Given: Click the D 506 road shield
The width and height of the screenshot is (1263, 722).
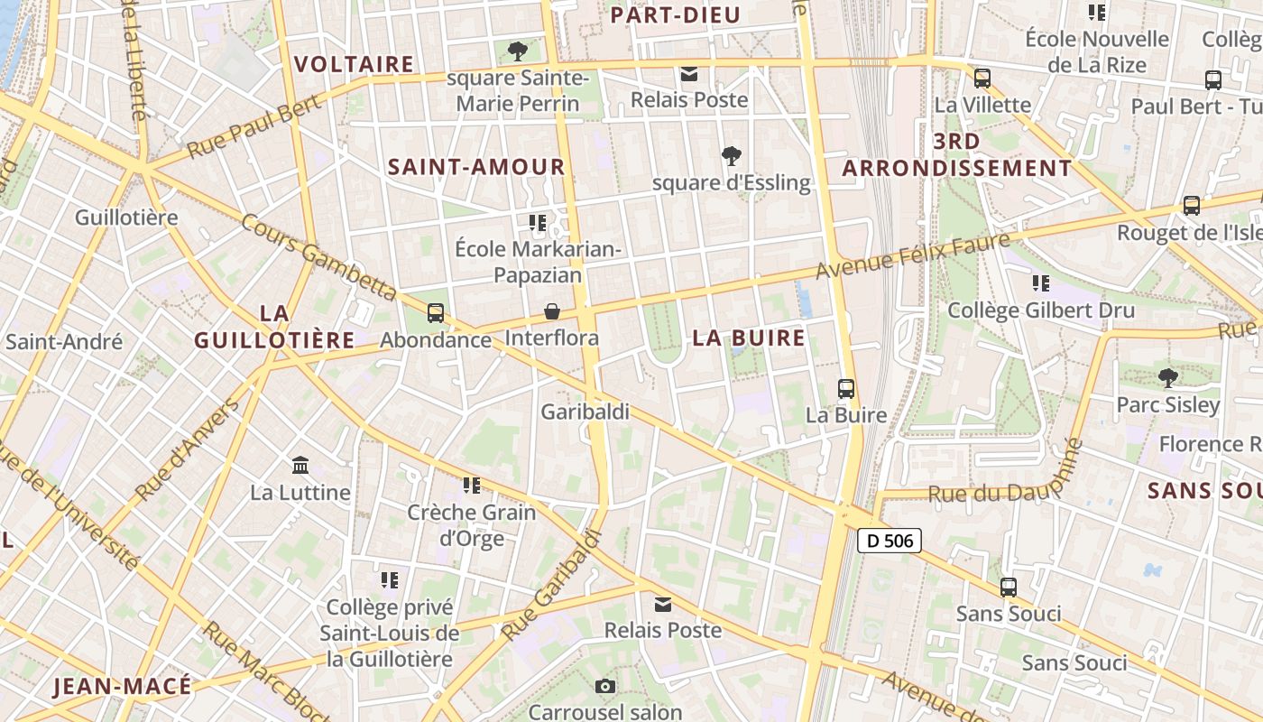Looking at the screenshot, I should coord(889,541).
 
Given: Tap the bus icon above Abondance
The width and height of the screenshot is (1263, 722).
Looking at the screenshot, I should coord(436,313).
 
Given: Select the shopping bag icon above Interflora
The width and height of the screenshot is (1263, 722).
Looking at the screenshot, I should coord(552,311).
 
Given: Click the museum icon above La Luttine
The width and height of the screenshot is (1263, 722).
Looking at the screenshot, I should coord(300,466).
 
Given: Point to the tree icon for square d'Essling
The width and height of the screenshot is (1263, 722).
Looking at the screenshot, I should coord(732,156).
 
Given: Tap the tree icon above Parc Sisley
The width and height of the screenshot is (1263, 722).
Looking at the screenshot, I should coord(1168,377).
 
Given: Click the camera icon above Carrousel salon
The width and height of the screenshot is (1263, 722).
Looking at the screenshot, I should coord(605,687).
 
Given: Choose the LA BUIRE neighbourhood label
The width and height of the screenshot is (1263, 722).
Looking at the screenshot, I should coord(749,338).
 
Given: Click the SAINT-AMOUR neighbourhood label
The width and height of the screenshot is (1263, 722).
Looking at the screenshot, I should coord(476,167).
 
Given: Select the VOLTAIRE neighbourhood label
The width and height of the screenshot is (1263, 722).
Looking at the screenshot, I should coord(355,64).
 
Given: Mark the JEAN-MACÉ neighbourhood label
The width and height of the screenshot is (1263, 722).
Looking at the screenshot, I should coord(123,686).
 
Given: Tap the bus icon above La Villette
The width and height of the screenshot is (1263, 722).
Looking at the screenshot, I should coord(982,79).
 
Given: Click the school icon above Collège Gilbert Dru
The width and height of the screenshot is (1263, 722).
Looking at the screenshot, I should coord(1041,283).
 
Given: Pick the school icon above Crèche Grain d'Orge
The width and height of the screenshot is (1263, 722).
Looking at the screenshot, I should coord(471,486).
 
